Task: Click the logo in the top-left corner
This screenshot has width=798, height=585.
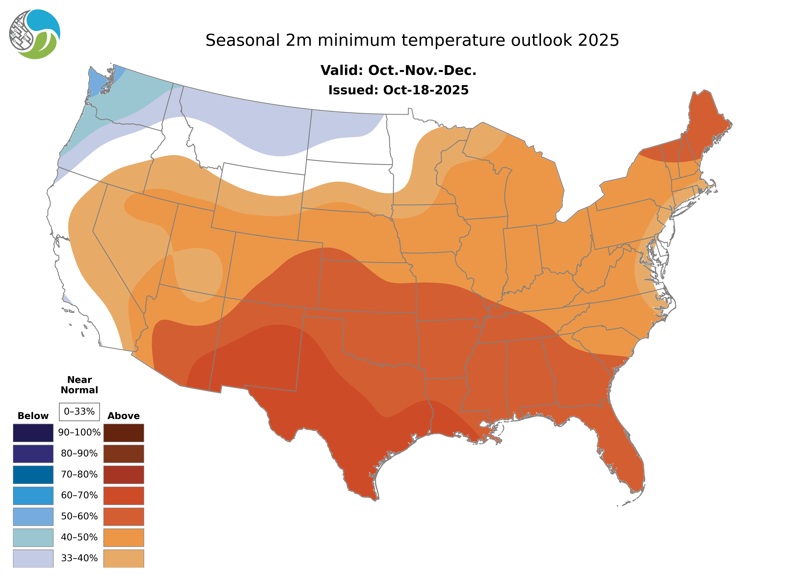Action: click(x=35, y=34)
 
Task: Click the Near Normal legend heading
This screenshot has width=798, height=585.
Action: click(x=79, y=385)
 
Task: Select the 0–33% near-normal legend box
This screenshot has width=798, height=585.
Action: click(x=79, y=412)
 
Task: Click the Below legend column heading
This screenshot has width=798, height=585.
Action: click(x=33, y=416)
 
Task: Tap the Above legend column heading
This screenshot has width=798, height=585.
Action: click(x=124, y=416)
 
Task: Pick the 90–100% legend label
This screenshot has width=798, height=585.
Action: click(x=79, y=432)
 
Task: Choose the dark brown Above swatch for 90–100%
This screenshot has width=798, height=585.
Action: click(x=124, y=433)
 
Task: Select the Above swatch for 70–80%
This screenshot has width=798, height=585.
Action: click(x=124, y=475)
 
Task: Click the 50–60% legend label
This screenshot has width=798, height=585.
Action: click(x=79, y=516)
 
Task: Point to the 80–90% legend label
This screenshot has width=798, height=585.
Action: click(x=79, y=453)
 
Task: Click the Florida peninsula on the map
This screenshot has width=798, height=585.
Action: click(x=623, y=460)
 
